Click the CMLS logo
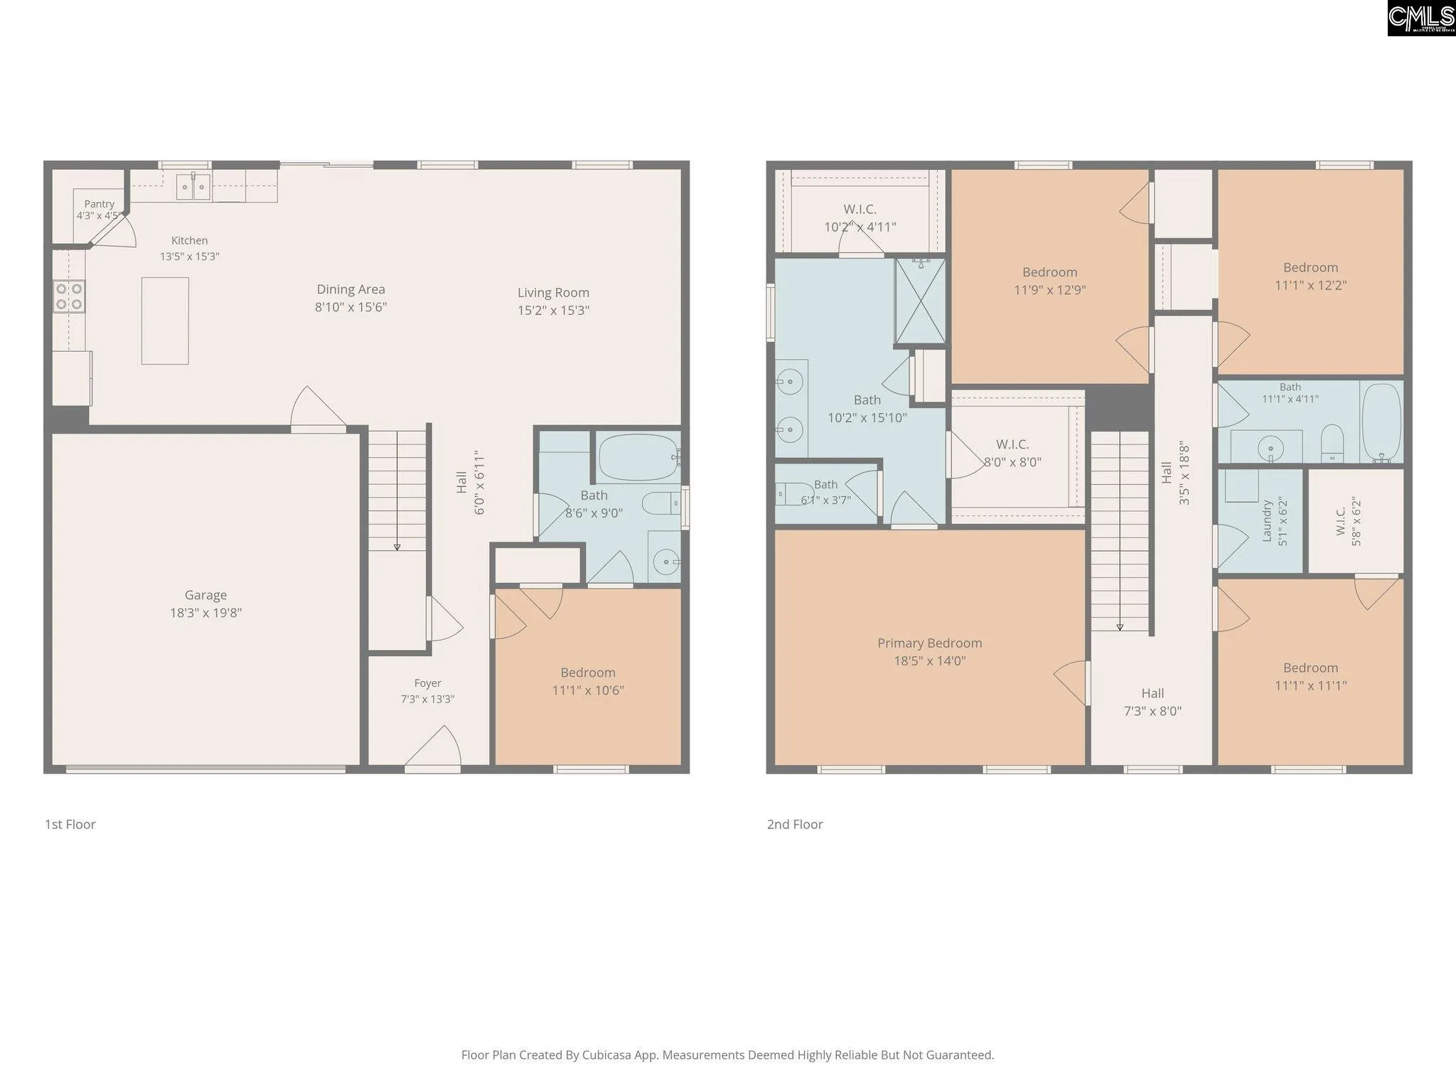(1421, 18)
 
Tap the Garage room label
(205, 595)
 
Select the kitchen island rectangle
(165, 321)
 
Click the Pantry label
(99, 204)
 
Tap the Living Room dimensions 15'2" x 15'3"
(553, 310)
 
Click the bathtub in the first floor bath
(639, 457)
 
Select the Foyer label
(427, 683)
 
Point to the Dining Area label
(350, 289)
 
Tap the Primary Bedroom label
(929, 643)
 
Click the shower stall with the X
(920, 301)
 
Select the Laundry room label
(1266, 521)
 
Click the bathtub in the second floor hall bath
(1381, 422)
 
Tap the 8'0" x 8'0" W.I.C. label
(1012, 462)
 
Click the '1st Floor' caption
(70, 825)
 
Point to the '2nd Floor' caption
(795, 825)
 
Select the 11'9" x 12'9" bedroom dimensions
(1049, 290)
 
